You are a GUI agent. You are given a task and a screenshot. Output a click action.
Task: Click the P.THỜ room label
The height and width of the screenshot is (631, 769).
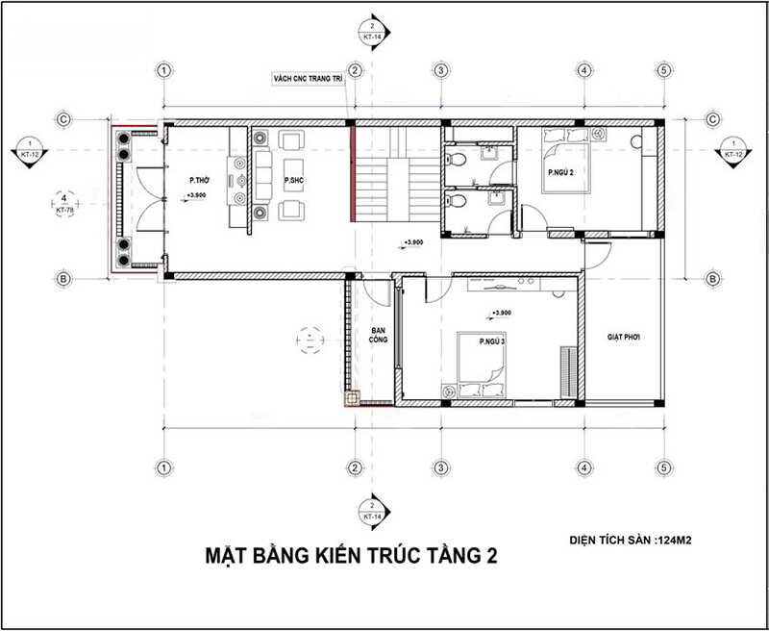coord(200,180)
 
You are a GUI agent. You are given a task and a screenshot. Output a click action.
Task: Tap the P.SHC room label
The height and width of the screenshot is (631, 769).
coord(294,180)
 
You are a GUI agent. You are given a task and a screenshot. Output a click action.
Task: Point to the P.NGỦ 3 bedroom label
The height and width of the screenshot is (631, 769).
coord(471,341)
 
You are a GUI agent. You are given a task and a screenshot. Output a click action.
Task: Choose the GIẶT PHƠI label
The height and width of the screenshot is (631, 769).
coord(623,338)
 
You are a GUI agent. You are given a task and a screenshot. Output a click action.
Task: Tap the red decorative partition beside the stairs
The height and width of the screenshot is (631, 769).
coord(352,172)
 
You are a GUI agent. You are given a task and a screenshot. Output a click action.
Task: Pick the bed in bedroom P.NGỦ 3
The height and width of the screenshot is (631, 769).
coord(472,369)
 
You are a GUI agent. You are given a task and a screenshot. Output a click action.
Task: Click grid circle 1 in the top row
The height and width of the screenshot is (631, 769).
coord(165,70)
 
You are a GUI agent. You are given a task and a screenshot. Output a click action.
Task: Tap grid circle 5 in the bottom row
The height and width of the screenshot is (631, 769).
coord(663,467)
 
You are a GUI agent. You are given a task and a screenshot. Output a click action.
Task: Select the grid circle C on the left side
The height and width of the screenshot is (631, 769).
coord(62,119)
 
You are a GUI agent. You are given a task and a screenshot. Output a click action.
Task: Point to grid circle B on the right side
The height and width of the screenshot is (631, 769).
coord(712,279)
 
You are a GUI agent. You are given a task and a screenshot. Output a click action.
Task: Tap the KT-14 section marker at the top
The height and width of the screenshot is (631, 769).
coord(369,30)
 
